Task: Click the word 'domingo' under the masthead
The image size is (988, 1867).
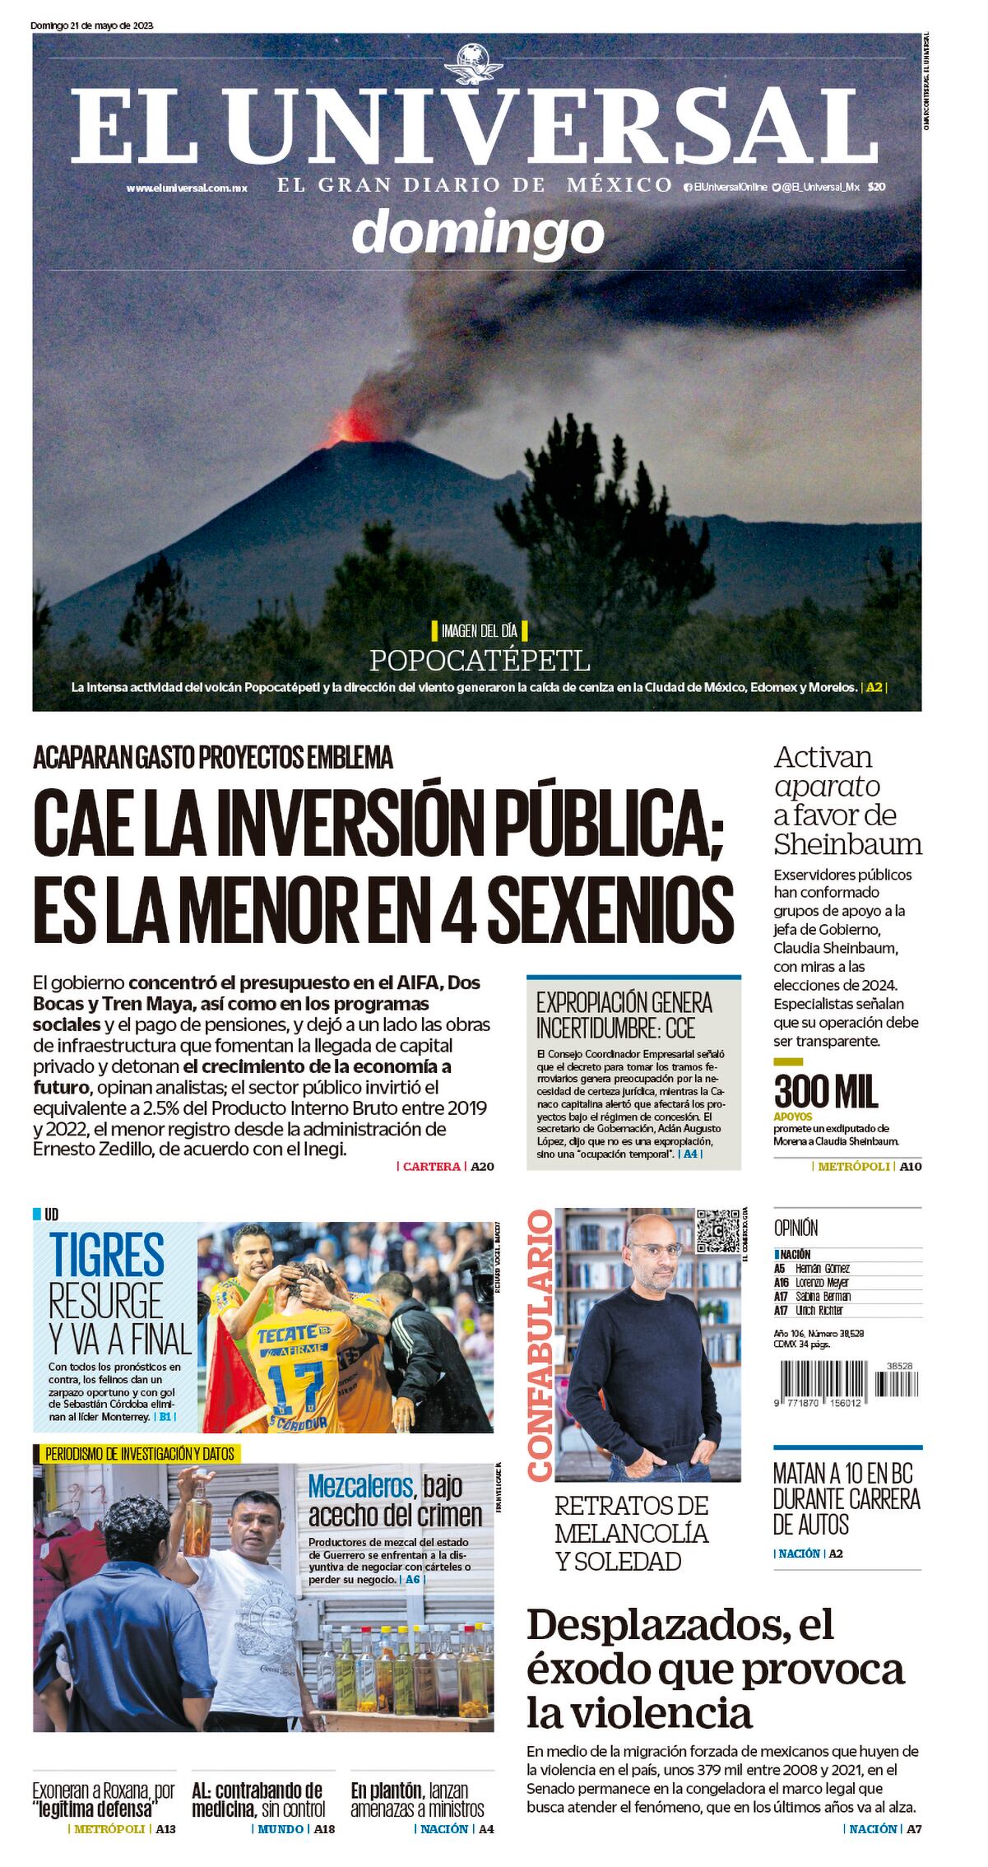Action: click(478, 233)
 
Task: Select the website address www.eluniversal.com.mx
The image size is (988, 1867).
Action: click(187, 188)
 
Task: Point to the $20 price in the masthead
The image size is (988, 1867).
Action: click(876, 187)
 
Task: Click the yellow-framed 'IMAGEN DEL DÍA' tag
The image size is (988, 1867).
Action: click(479, 631)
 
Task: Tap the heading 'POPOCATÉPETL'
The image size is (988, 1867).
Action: click(480, 661)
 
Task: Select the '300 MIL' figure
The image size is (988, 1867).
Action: click(826, 1091)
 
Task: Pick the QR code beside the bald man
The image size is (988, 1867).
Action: click(718, 1230)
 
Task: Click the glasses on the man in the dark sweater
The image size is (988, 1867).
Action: click(655, 1248)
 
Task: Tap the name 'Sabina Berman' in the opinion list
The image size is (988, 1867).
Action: click(823, 1296)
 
